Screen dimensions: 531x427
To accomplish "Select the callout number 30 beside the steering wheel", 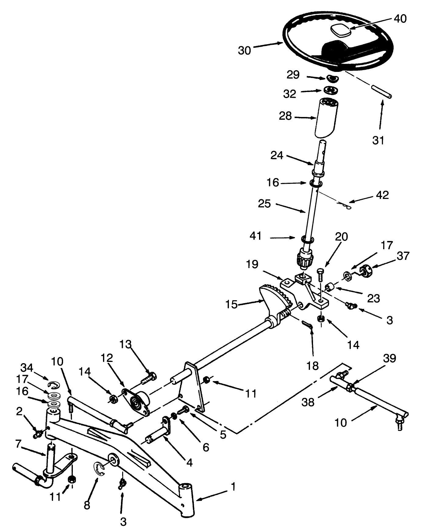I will (x=244, y=51).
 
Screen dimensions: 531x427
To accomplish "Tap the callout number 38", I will (x=308, y=402).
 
